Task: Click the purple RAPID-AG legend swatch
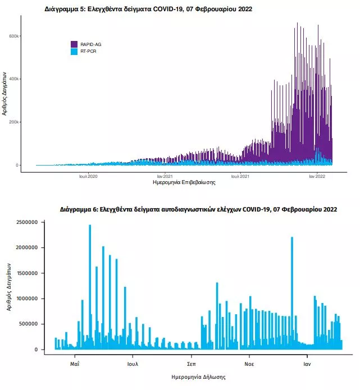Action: click(x=74, y=44)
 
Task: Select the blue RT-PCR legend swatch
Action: click(x=74, y=52)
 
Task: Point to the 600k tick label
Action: click(x=13, y=36)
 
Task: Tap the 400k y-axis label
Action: click(x=13, y=79)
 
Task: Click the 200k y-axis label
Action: click(x=13, y=122)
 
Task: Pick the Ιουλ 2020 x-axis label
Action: click(x=88, y=176)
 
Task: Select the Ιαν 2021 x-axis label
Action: click(x=165, y=176)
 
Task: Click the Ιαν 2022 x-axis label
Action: click(x=317, y=176)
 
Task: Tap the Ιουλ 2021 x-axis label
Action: click(x=240, y=176)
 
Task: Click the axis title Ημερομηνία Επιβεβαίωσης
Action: click(x=184, y=182)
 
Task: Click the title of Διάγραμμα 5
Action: click(x=148, y=9)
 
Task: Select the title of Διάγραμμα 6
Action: click(x=198, y=209)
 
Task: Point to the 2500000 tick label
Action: click(x=27, y=222)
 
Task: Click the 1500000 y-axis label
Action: click(x=27, y=273)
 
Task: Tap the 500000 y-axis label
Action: click(x=29, y=324)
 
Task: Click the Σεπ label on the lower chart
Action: click(x=192, y=364)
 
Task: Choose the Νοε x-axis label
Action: click(x=249, y=364)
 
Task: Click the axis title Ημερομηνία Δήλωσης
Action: click(x=198, y=377)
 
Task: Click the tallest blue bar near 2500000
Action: click(x=90, y=287)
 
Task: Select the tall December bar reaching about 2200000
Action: click(x=292, y=293)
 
